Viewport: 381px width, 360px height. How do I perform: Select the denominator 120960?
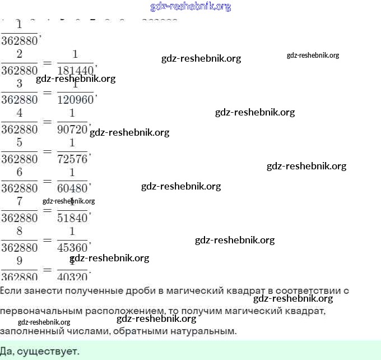pos(76,100)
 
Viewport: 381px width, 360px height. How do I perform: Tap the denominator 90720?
pos(73,130)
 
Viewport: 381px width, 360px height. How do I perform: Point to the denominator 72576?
pos(73,159)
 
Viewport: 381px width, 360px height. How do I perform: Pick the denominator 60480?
pos(73,188)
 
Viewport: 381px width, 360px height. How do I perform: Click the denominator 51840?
pos(73,218)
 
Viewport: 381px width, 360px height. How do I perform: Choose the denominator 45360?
pos(73,247)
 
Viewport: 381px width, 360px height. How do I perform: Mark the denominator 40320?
pos(73,275)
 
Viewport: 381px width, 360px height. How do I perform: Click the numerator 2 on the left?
pos(20,54)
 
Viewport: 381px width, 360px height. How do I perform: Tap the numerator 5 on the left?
pos(20,142)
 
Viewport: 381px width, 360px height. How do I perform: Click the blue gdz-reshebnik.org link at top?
pos(190,7)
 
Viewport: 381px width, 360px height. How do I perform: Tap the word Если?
pos(11,290)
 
